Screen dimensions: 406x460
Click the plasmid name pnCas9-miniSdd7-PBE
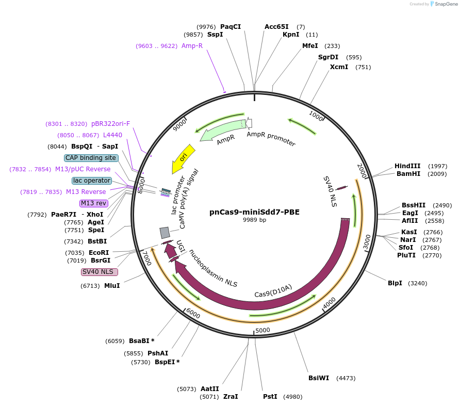[x=254, y=212]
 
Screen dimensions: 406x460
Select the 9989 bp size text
[x=254, y=220]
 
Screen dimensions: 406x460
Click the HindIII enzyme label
[x=407, y=166]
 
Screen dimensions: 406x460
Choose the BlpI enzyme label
[x=395, y=283]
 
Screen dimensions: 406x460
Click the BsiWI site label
[x=319, y=378]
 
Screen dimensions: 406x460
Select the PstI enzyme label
[x=270, y=397]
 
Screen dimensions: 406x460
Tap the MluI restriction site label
[x=112, y=285]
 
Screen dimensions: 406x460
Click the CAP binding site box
[x=91, y=158]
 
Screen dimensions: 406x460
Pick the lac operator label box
[x=92, y=181]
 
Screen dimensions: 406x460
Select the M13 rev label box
[x=93, y=203]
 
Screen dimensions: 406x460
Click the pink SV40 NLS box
[x=100, y=272]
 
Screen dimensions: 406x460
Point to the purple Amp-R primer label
[x=192, y=46]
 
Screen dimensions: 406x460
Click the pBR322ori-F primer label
[x=110, y=124]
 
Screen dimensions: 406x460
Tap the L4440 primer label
[x=112, y=135]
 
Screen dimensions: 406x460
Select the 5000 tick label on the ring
[x=262, y=330]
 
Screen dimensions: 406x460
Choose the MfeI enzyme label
[x=310, y=46]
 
